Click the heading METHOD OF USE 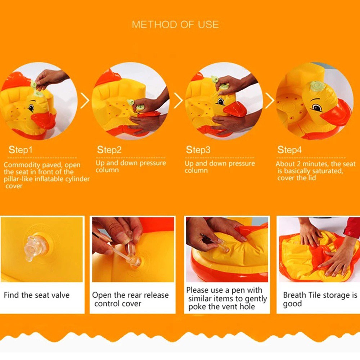click(175, 24)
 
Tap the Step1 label click(21, 150)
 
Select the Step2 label click(109, 150)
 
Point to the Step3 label click(198, 150)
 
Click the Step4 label click(289, 150)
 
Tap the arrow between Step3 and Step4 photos click(270, 100)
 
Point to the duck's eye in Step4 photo click(317, 107)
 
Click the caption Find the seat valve click(36, 295)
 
